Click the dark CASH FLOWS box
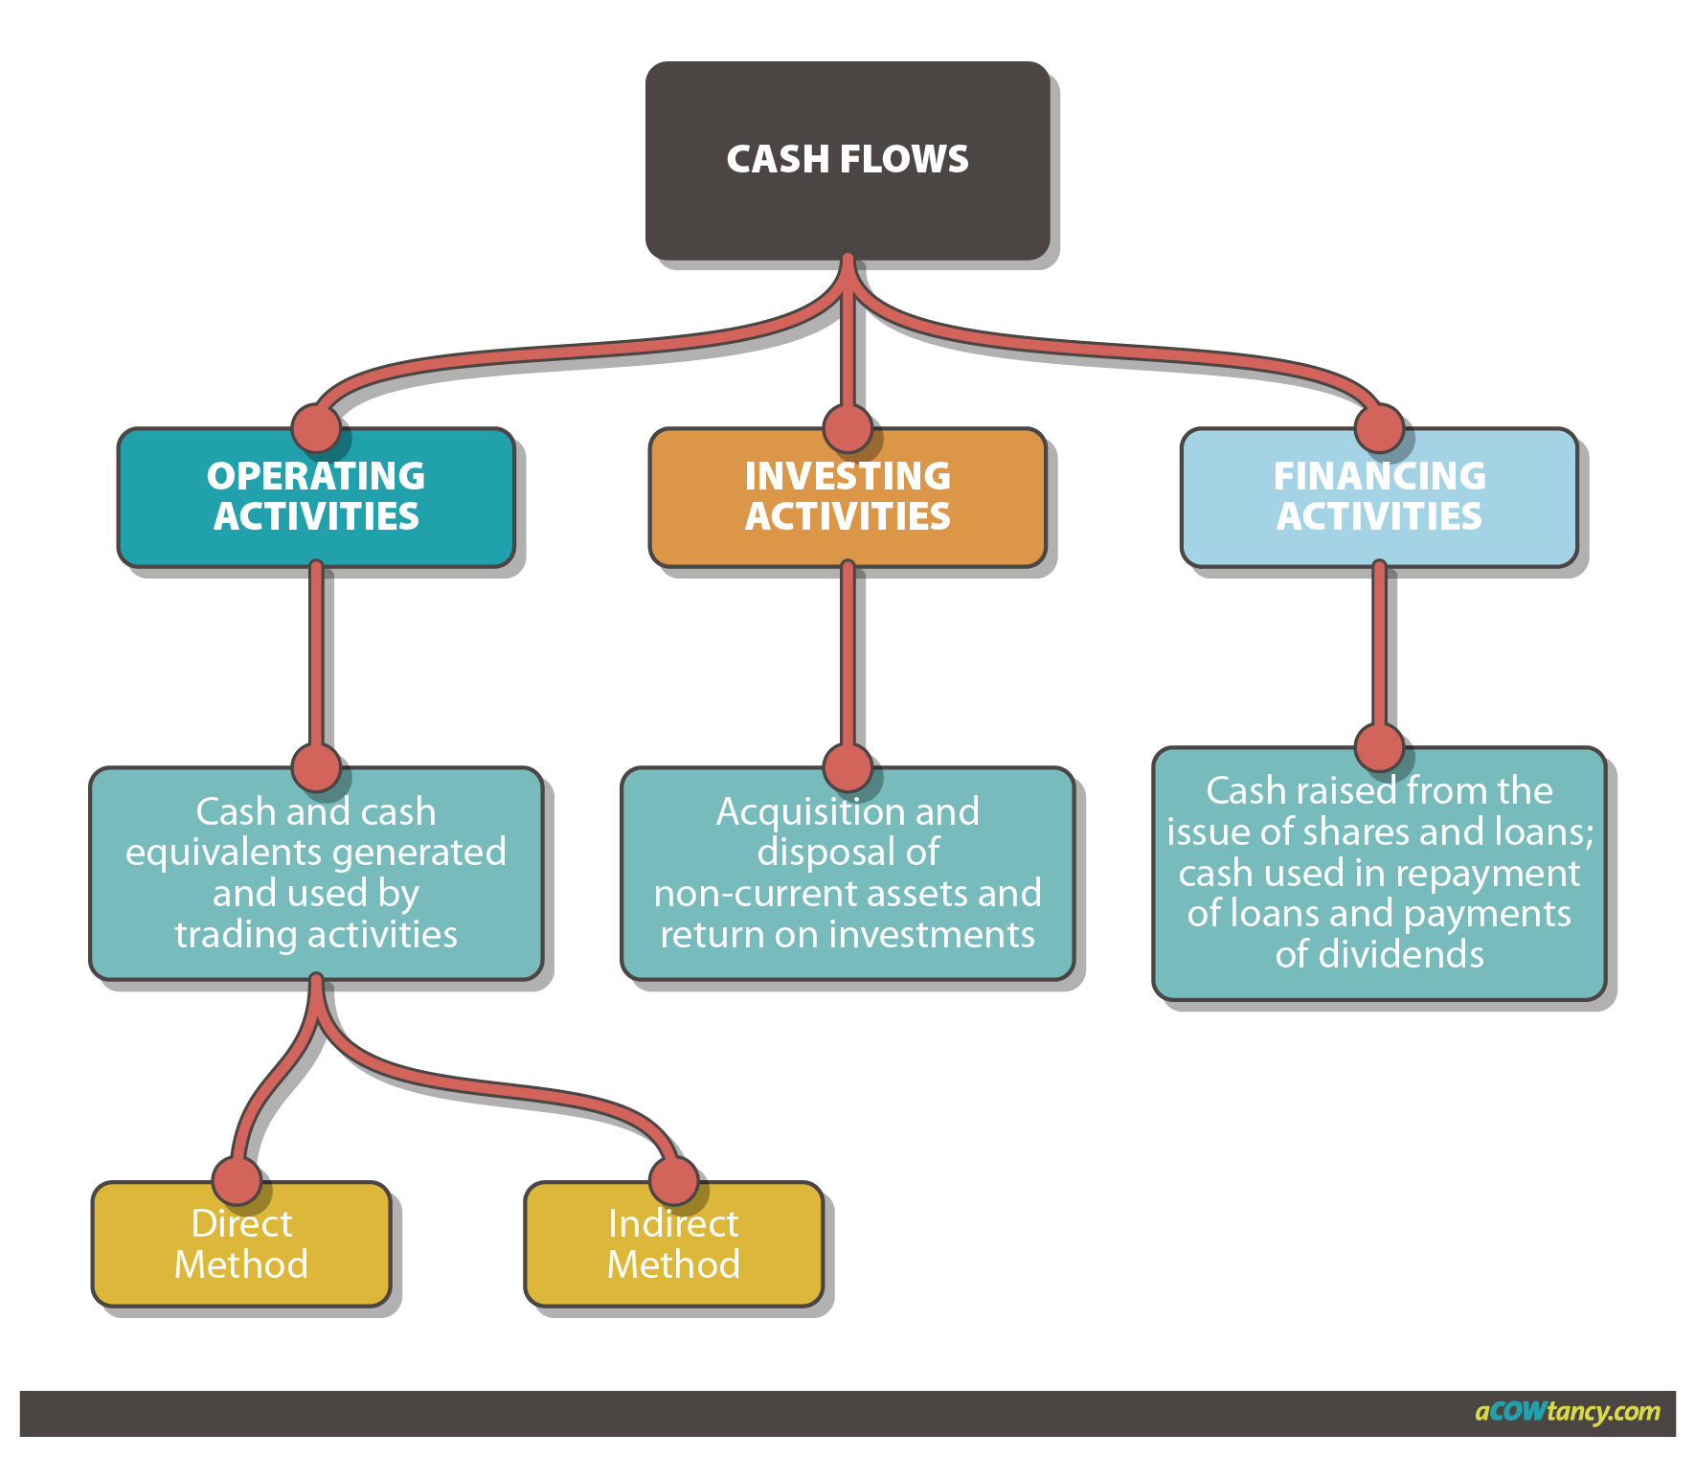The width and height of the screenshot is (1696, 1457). pos(848,160)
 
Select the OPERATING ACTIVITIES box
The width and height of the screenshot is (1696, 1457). pos(316,496)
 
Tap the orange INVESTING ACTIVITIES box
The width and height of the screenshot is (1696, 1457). pos(848,496)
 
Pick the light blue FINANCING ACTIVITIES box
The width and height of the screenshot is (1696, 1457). pos(1379,496)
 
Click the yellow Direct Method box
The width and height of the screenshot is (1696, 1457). pos(241,1245)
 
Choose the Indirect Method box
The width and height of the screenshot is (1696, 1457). pos(673,1245)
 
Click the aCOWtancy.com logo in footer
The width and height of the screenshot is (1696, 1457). pos(1567,1412)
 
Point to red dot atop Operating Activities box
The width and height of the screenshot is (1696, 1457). pos(316,427)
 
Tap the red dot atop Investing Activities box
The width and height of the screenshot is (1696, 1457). pos(848,427)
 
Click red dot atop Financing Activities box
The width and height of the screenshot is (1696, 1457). pos(1379,427)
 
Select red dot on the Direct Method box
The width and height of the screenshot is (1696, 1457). pos(237,1180)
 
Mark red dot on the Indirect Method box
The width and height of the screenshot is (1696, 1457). pos(673,1180)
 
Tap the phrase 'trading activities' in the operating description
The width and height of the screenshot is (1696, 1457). pos(316,935)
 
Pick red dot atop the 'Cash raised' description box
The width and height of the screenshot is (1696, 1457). pos(1379,747)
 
